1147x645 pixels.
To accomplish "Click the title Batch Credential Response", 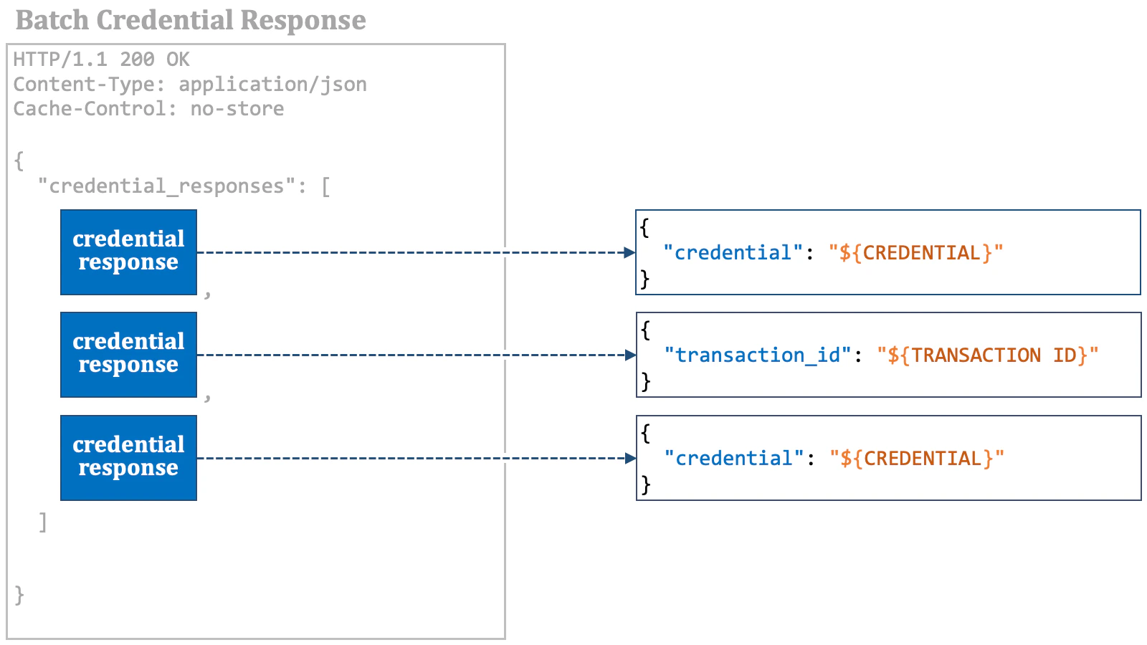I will [x=191, y=20].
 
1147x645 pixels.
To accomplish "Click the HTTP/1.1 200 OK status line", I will [x=101, y=59].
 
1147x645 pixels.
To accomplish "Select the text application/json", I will [x=272, y=85].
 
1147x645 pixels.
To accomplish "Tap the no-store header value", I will [x=237, y=109].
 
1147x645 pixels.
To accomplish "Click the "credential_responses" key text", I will [x=166, y=186].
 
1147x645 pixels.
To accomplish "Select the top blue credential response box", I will [x=128, y=252].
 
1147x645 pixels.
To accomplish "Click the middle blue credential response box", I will [x=128, y=354].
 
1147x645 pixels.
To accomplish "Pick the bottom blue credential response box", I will [x=128, y=457].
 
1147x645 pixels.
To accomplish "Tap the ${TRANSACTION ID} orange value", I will [x=987, y=355].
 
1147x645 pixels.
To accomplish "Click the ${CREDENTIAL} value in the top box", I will [x=915, y=253].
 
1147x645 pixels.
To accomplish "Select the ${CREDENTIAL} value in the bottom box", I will [x=916, y=459].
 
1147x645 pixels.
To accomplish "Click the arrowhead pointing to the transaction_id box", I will [x=630, y=355].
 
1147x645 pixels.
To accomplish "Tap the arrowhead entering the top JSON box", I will [x=629, y=252].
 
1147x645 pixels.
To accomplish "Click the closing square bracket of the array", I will [x=43, y=522].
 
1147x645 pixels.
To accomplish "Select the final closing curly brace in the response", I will [x=19, y=595].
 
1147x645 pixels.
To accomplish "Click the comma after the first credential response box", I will [x=207, y=293].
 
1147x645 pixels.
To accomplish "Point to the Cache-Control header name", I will [x=89, y=109].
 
